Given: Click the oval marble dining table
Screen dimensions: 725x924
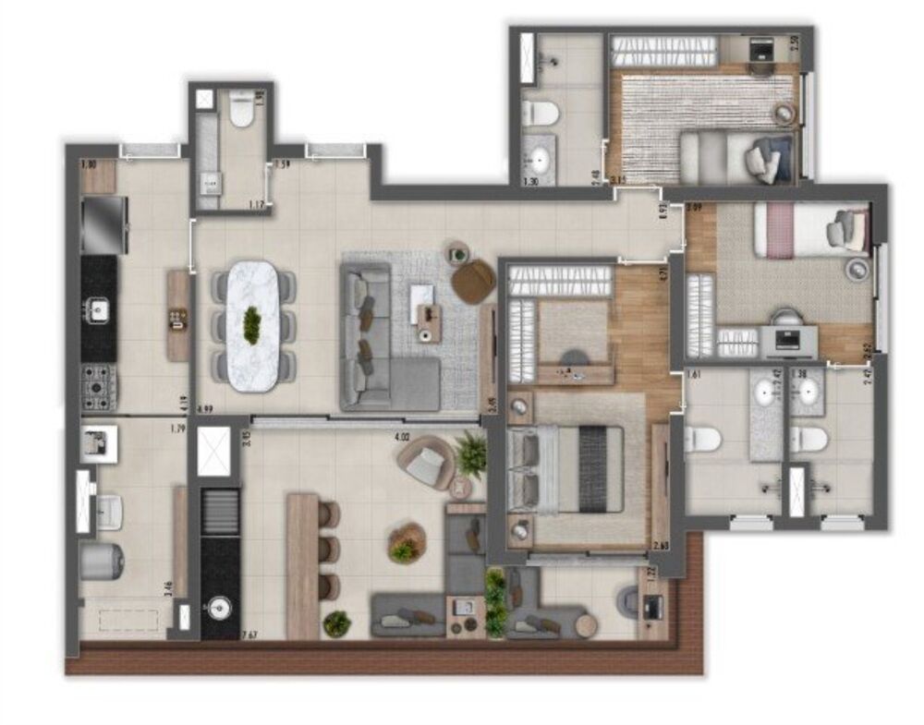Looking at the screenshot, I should [x=251, y=326].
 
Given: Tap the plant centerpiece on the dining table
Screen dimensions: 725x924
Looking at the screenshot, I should [x=251, y=325].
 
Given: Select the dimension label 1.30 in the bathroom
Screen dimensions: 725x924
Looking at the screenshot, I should [x=531, y=182].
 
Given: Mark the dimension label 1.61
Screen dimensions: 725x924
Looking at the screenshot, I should [x=697, y=375].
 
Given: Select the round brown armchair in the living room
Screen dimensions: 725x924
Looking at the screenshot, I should [x=473, y=281].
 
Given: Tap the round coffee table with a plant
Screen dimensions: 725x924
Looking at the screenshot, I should [x=407, y=543].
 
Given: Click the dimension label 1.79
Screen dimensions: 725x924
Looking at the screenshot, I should [x=178, y=429].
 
